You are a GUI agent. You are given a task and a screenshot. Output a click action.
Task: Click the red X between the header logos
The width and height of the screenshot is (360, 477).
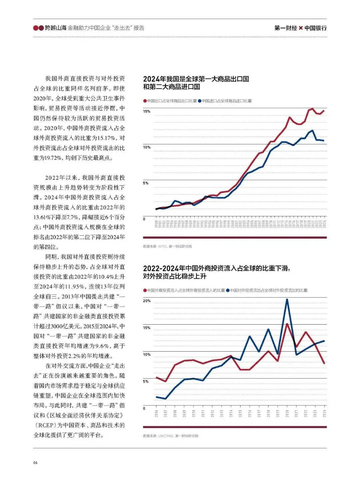pyautogui.click(x=301, y=28)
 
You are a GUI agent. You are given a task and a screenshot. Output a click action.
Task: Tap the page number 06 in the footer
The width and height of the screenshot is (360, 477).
pyautogui.click(x=35, y=462)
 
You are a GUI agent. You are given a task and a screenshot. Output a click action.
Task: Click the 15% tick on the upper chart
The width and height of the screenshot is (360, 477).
pyautogui.click(x=147, y=111)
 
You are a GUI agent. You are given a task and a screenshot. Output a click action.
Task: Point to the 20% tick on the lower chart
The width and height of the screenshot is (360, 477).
pyautogui.click(x=147, y=301)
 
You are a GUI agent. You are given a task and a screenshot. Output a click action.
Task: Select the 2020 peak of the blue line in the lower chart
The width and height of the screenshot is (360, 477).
pyautogui.click(x=287, y=299)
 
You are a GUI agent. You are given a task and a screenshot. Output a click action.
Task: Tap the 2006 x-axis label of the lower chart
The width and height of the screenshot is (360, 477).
pyautogui.click(x=156, y=413)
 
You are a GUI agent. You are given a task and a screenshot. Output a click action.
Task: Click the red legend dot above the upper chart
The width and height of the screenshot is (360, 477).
pyautogui.click(x=145, y=101)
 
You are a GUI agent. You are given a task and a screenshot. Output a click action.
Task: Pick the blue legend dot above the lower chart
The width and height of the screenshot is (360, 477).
pyautogui.click(x=228, y=290)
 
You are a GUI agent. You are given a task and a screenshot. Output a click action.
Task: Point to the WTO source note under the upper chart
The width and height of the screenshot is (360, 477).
pyautogui.click(x=167, y=246)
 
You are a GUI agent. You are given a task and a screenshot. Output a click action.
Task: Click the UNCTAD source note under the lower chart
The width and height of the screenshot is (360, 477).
pyautogui.click(x=170, y=436)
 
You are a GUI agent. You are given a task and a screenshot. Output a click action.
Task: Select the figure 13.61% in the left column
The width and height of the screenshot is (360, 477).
pyautogui.click(x=42, y=217)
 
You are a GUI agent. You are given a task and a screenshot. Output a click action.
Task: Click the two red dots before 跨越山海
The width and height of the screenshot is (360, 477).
pyautogui.click(x=38, y=28)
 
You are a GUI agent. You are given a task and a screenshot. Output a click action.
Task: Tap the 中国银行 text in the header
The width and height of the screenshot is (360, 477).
pyautogui.click(x=315, y=28)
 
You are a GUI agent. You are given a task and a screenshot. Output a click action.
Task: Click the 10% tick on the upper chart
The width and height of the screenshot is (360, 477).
pyautogui.click(x=147, y=147)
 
